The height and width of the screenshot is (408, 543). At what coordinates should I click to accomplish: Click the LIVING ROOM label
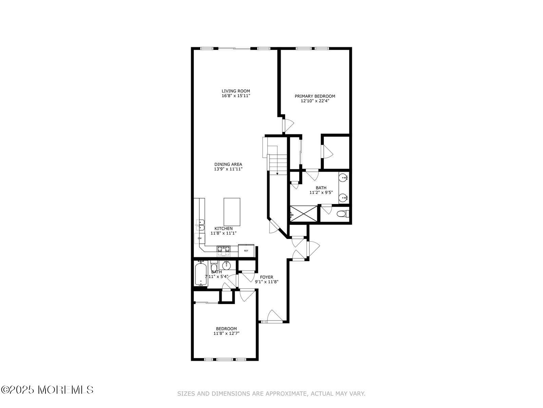[236, 91]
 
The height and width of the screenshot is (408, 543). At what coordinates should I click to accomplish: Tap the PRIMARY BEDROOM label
[315, 96]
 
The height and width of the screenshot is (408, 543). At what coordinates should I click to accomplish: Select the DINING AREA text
[228, 164]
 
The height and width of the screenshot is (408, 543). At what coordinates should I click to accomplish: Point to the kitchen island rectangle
[232, 212]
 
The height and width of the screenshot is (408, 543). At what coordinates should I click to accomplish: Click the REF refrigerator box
[246, 251]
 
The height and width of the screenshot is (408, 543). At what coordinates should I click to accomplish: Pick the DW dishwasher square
[200, 238]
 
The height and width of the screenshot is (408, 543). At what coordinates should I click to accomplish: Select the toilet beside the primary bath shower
[343, 213]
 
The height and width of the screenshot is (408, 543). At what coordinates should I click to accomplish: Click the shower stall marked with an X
[303, 214]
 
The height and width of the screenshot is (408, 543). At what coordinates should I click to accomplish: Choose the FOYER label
[266, 277]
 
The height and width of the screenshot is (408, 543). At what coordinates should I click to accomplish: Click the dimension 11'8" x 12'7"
[226, 333]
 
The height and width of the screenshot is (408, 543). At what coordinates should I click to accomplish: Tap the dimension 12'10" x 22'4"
[315, 101]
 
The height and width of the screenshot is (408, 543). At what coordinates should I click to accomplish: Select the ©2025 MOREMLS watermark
[47, 390]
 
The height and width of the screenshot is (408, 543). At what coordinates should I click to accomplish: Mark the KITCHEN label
[223, 228]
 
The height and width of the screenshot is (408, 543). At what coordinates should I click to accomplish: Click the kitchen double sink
[200, 225]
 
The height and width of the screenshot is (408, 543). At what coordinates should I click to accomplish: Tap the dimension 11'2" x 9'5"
[321, 192]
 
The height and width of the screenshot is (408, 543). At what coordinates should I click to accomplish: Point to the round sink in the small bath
[226, 266]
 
